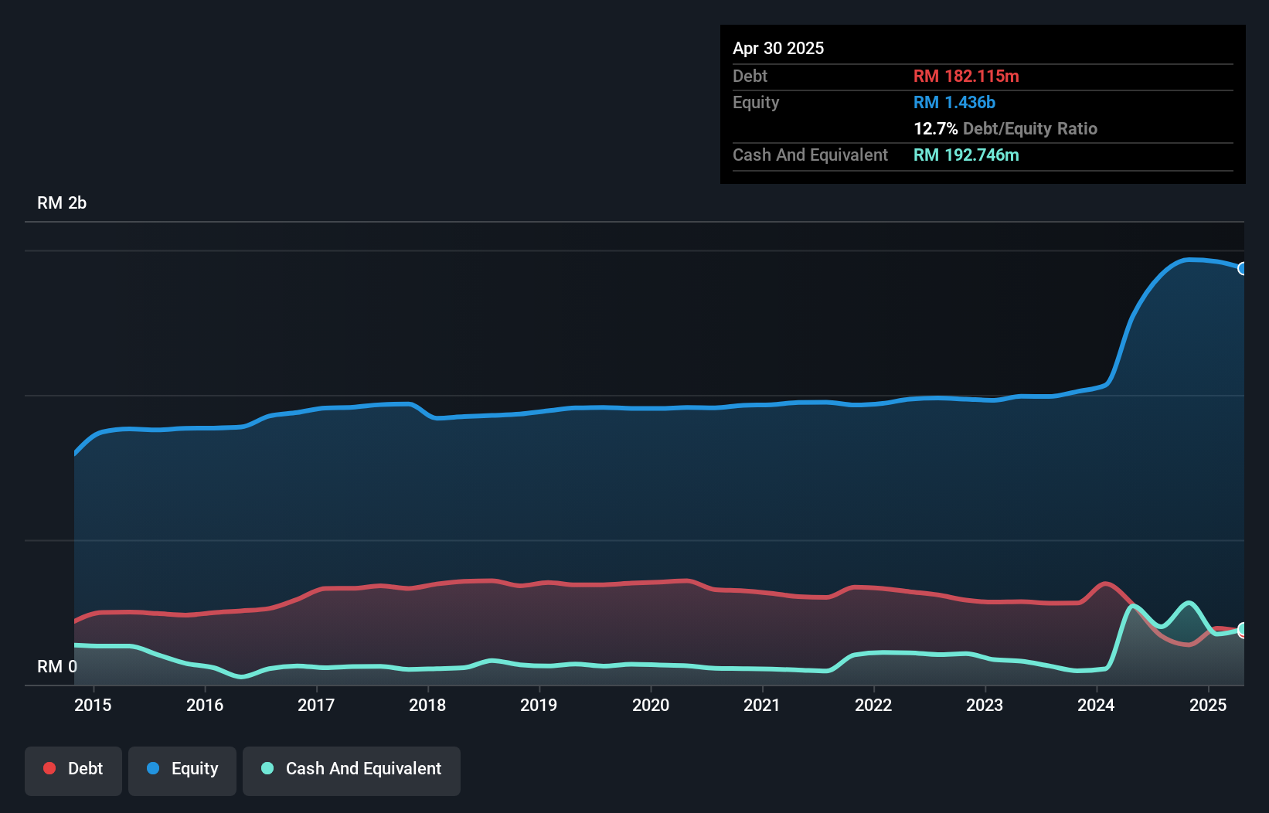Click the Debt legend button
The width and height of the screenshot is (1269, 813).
click(73, 769)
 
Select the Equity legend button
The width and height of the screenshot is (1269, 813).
click(182, 769)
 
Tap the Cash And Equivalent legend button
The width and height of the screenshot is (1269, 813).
click(352, 769)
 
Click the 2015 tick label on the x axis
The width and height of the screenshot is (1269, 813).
click(93, 705)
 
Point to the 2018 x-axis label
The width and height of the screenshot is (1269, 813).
click(427, 705)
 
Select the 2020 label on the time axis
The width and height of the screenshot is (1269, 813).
click(651, 705)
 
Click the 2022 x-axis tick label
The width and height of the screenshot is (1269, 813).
click(873, 705)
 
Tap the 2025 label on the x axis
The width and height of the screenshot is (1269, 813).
click(1208, 705)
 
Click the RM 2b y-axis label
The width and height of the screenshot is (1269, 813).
click(62, 203)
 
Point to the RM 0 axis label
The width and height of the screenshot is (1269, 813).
click(57, 666)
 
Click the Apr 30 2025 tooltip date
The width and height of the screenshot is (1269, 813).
click(778, 48)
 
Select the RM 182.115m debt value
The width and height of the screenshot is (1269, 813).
click(966, 76)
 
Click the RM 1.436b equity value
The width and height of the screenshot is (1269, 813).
click(954, 102)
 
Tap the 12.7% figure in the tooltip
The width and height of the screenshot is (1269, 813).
click(935, 128)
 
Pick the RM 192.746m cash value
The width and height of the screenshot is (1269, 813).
click(966, 155)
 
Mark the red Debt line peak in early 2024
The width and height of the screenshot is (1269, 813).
click(1106, 583)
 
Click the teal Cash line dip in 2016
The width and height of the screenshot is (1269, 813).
click(242, 677)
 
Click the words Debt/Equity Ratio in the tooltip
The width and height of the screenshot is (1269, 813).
click(1029, 128)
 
